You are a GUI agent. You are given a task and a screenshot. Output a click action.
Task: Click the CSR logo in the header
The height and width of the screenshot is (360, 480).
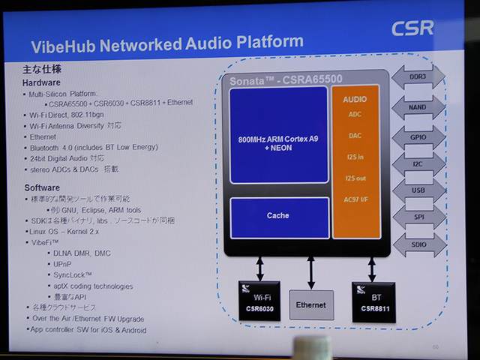[x=412, y=28]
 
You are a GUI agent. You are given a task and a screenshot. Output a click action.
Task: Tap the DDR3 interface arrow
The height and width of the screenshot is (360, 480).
[x=417, y=77]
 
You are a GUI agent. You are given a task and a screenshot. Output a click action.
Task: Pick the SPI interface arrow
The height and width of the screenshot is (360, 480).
[x=417, y=216]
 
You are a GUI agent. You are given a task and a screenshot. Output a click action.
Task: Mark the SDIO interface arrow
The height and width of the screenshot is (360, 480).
[x=417, y=244]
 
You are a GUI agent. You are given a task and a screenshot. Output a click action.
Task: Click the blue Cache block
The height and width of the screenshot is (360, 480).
[x=278, y=216]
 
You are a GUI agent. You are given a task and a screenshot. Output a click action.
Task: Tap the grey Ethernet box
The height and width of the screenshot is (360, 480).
[x=310, y=304]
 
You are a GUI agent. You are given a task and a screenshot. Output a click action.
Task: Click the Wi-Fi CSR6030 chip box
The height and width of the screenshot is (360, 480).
[x=256, y=302]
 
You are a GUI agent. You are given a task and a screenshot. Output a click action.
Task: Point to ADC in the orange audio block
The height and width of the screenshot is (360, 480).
[x=355, y=115]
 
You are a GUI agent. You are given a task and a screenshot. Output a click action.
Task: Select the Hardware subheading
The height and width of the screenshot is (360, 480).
[x=42, y=82]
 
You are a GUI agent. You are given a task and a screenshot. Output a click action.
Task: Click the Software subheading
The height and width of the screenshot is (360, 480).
[x=42, y=187]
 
